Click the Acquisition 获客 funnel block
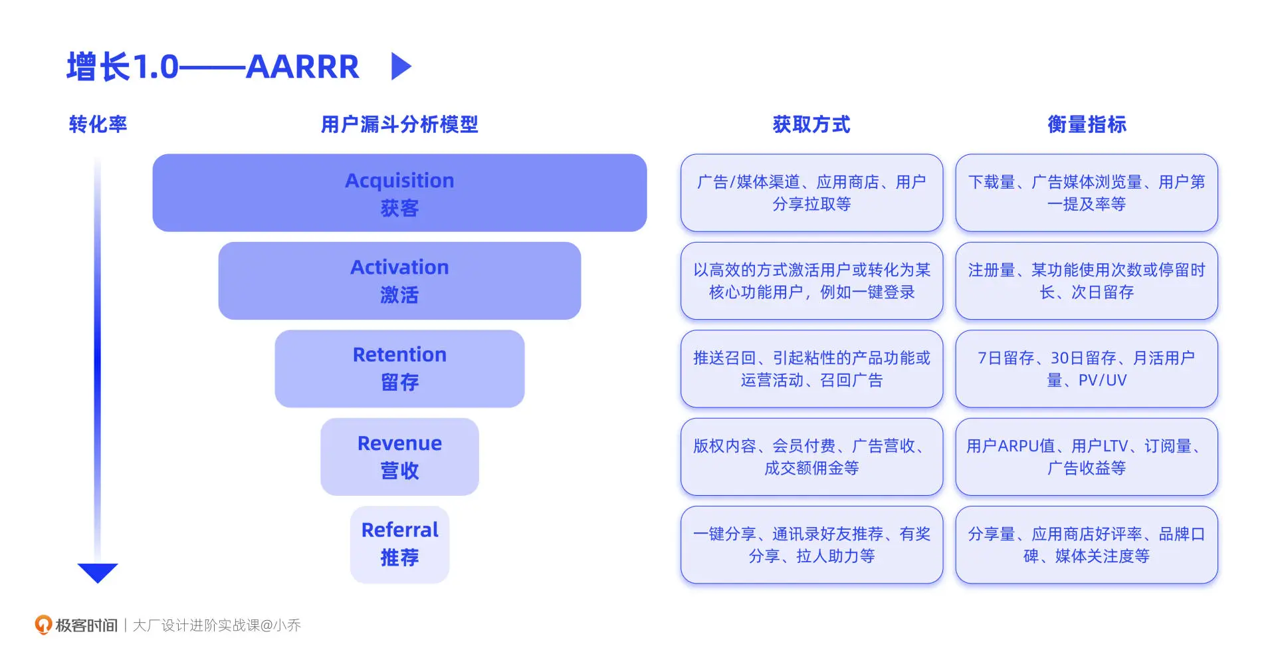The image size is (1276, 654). tap(399, 193)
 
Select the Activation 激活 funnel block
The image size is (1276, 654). tap(399, 280)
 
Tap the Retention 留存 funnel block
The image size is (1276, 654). tap(399, 368)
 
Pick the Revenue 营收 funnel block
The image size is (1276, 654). tap(399, 457)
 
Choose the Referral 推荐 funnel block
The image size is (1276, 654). tap(399, 544)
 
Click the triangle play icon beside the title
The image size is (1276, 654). tap(400, 66)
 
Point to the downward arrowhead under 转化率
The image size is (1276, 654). tap(98, 572)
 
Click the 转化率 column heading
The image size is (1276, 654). tap(98, 124)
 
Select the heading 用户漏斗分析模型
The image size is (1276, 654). tap(399, 124)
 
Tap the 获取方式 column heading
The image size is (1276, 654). tap(811, 124)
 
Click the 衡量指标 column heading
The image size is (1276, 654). tap(1087, 124)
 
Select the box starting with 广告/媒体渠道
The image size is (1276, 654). tap(811, 193)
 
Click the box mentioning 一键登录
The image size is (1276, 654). tap(811, 280)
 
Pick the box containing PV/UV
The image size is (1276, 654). tap(1087, 368)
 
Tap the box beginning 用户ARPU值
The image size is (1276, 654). tap(1087, 457)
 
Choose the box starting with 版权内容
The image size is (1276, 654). tap(811, 457)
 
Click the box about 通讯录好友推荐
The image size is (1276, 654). tap(811, 544)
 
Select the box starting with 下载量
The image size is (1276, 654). tap(1087, 193)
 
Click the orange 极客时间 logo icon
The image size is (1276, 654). tap(43, 625)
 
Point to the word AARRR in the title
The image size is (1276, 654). tap(302, 67)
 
